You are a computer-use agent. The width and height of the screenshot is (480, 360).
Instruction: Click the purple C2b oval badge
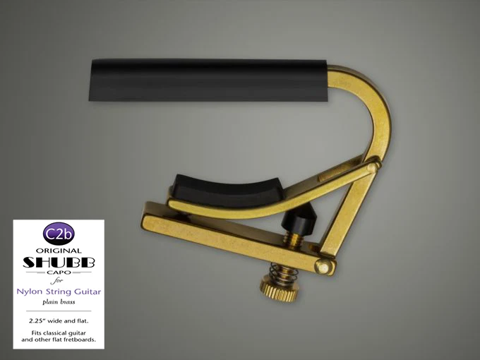(x=59, y=234)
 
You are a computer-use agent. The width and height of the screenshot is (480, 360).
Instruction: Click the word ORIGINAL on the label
(x=59, y=251)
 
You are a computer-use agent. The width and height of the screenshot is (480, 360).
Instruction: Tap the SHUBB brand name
(x=59, y=262)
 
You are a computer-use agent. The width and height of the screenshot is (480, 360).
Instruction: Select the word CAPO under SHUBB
(x=59, y=272)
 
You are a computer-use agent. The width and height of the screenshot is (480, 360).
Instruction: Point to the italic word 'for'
(x=56, y=280)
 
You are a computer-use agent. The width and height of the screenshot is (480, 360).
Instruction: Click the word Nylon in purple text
(x=30, y=292)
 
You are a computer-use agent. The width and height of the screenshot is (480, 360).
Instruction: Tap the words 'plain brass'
(x=59, y=302)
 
